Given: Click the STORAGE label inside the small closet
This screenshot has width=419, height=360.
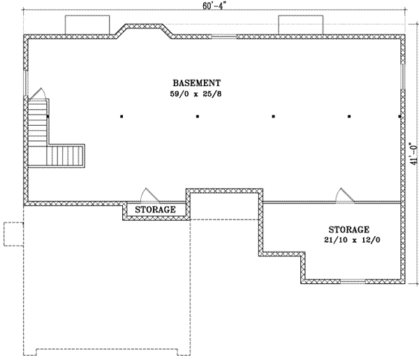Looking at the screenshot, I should click(x=155, y=209).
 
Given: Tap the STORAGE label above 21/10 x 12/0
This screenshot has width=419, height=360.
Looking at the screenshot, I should click(x=349, y=229).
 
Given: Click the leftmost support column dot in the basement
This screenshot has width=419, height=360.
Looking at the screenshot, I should click(x=121, y=117).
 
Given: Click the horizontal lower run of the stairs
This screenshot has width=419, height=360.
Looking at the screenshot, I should click(x=66, y=154).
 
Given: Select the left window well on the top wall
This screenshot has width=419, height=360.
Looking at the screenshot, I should click(x=87, y=24).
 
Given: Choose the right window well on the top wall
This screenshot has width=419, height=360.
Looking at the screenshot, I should click(x=301, y=24).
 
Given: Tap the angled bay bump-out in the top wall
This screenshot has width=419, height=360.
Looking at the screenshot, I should click(x=145, y=29).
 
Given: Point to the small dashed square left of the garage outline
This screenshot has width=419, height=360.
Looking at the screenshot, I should click(x=12, y=233).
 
